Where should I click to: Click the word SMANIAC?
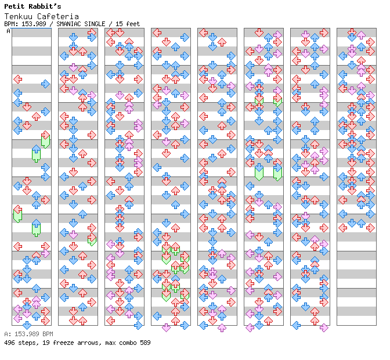click(72, 24)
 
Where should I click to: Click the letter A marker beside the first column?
click(8, 31)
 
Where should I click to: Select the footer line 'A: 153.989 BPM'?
click(28, 334)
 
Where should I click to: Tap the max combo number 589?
click(145, 343)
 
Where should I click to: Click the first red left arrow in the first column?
click(17, 79)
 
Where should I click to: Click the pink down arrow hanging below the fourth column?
click(166, 327)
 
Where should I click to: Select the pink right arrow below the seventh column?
click(324, 327)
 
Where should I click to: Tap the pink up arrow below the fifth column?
click(222, 327)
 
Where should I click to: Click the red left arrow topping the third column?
click(110, 33)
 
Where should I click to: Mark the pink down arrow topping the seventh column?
click(305, 34)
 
